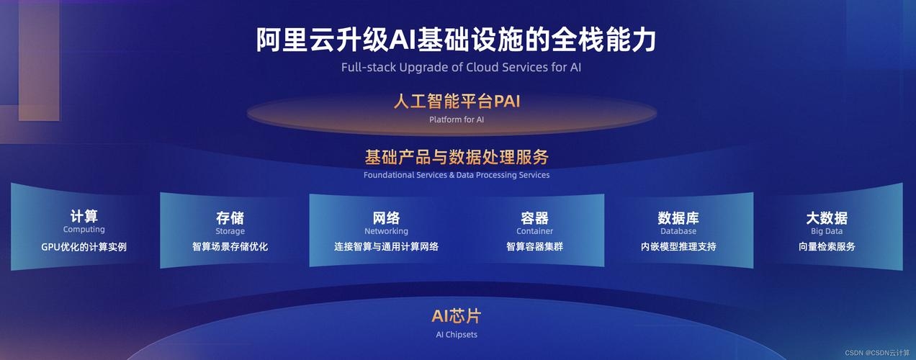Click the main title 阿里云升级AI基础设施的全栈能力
coord(457,40)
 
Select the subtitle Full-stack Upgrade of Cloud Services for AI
coord(461,68)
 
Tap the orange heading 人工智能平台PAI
coord(457,101)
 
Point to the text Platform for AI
coord(457,120)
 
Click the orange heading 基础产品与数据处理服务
coord(457,157)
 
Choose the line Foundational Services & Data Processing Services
coord(457,175)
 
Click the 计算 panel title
coord(84,216)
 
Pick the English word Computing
coord(84,230)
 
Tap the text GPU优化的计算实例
coord(84,247)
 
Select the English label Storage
coord(230,231)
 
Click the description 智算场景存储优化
coord(230,247)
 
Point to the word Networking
coord(386,231)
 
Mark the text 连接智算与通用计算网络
coord(386,247)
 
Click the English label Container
coord(534,231)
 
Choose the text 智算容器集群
coord(534,247)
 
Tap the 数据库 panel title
coord(678,217)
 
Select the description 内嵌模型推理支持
coord(678,247)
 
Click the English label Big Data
coord(827,231)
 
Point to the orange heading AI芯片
coord(457,316)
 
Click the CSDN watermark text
coord(877,353)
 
